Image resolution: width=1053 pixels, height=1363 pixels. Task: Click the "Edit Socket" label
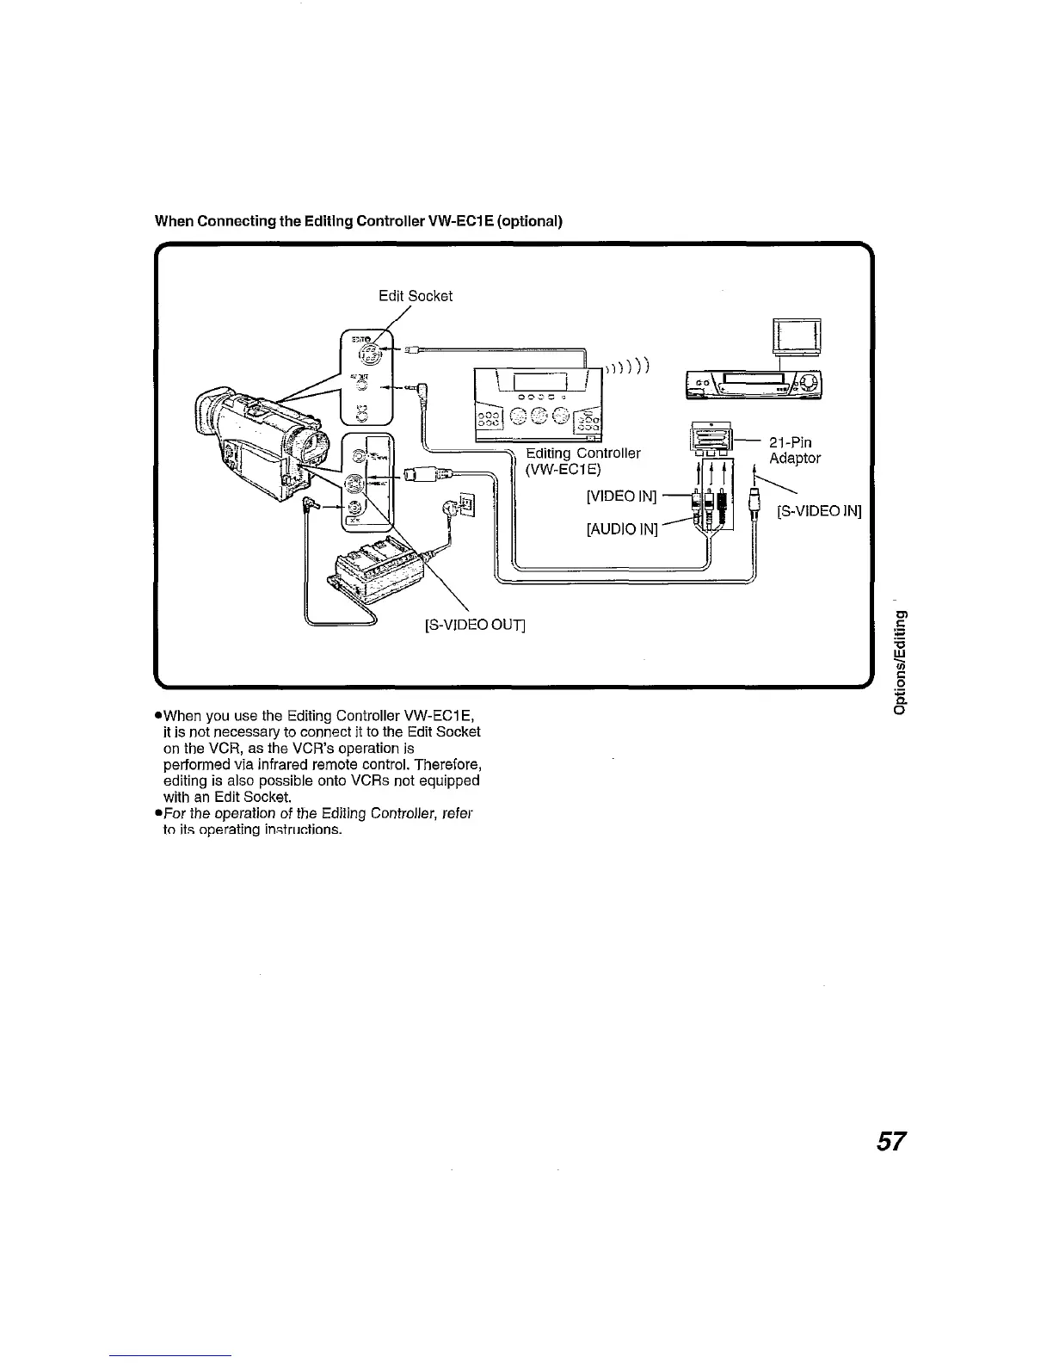416,296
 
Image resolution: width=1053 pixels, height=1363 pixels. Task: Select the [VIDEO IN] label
621,496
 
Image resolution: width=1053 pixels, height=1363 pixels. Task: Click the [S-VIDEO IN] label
819,513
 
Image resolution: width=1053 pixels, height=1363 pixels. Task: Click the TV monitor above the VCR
797,336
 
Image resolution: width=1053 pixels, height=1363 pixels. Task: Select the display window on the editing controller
539,381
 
